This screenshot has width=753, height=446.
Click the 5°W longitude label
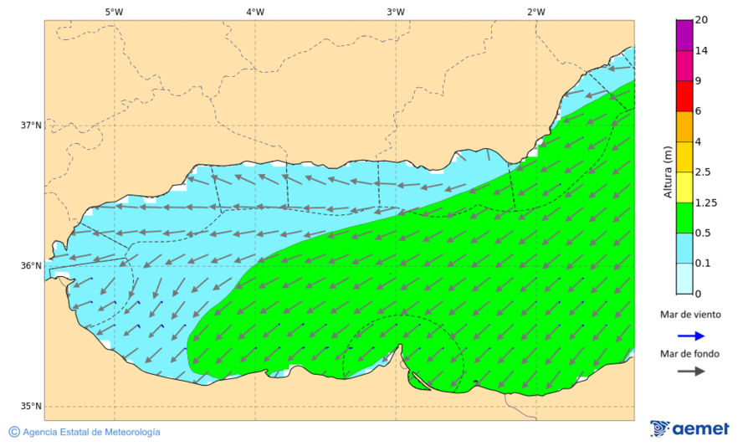(115, 12)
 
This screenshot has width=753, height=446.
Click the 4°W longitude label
(255, 12)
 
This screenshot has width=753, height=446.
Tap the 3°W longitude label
(396, 12)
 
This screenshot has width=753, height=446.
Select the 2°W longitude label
(536, 12)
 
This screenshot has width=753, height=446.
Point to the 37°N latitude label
(31, 126)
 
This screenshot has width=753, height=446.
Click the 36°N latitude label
(31, 266)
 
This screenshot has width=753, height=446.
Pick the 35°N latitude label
(31, 407)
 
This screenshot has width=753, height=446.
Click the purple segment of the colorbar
(684, 35)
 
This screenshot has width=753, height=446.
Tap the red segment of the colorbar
(684, 95)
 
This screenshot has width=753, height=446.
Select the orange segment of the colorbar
(684, 126)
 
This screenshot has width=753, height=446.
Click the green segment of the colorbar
(684, 218)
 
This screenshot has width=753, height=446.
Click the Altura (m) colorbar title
(668, 172)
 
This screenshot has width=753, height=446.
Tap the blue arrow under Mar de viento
(689, 336)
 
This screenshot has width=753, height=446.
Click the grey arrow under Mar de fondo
(689, 371)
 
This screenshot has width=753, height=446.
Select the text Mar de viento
(689, 315)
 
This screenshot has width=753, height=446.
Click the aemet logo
(690, 428)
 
